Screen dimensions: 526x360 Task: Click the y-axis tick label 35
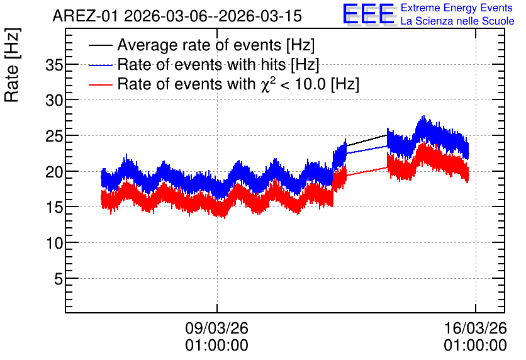(54, 65)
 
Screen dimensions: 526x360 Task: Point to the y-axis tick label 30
(54, 100)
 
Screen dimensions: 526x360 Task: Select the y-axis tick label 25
(54, 136)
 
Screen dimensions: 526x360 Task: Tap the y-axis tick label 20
(54, 172)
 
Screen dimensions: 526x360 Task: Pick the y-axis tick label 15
(54, 207)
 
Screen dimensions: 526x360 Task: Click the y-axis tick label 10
(54, 243)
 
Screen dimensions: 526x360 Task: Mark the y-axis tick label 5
(59, 278)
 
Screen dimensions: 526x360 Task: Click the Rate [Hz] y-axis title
(12, 65)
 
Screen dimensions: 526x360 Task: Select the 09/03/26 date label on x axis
(216, 328)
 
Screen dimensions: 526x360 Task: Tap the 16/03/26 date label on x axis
(475, 328)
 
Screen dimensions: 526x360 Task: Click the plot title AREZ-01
(85, 16)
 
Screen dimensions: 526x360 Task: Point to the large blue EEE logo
(369, 14)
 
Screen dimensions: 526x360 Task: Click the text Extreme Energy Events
(457, 8)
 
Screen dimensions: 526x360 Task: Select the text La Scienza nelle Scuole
(457, 21)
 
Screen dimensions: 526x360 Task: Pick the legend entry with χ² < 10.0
(238, 84)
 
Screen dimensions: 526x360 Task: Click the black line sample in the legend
(100, 45)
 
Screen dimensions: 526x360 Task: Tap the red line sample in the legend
(100, 84)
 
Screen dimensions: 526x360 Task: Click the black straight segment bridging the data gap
(367, 140)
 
